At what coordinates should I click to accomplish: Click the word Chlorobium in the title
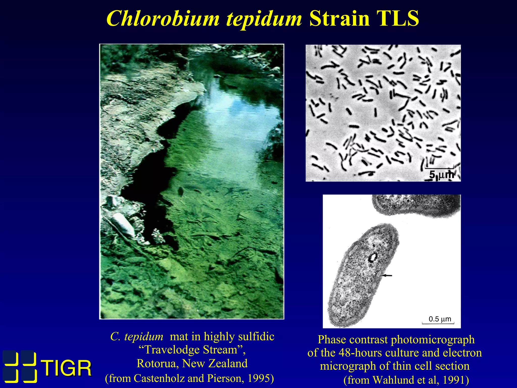(163, 19)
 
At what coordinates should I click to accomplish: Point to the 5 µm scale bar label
(441, 175)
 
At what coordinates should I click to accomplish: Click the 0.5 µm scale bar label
(440, 319)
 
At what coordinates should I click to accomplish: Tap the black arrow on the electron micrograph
(387, 276)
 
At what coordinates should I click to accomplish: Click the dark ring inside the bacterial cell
(373, 257)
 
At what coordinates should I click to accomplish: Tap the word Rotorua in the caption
(158, 363)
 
